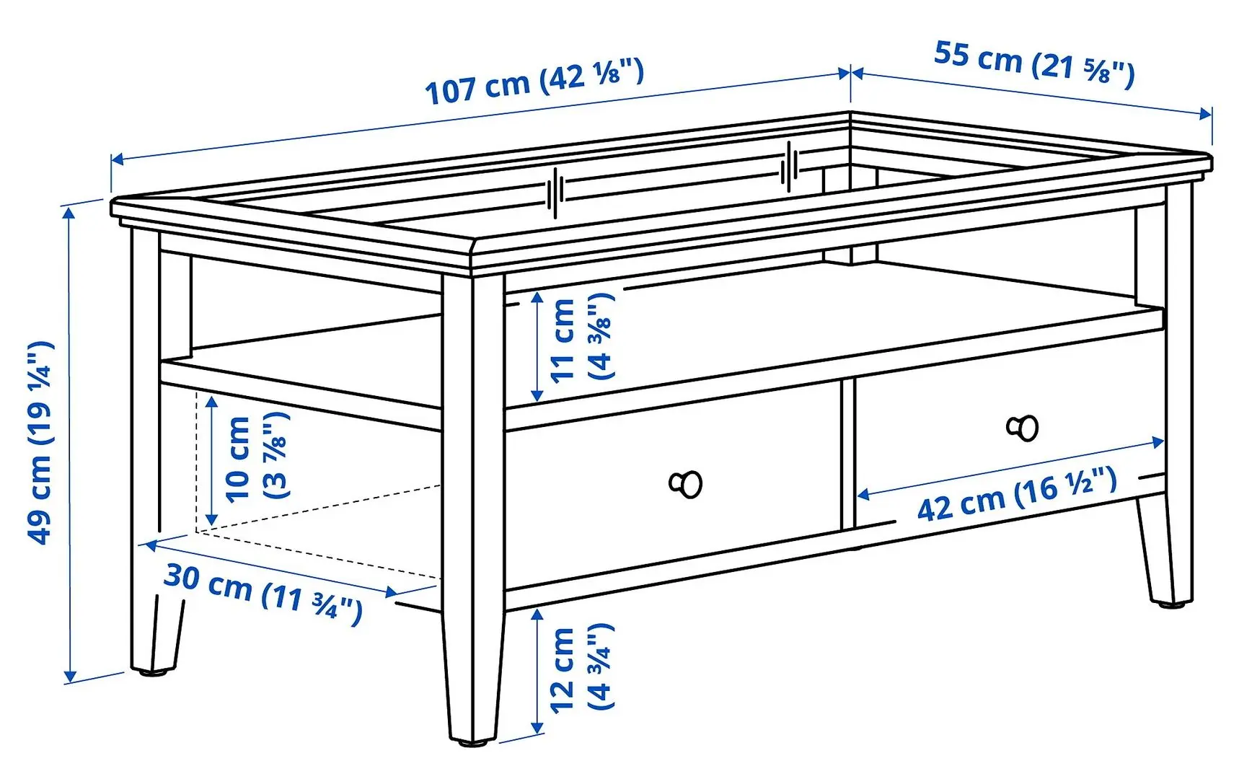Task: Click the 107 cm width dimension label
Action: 534,82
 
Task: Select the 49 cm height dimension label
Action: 40,441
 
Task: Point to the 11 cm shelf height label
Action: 581,339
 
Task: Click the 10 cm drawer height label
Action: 257,457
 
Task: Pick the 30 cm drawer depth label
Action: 263,592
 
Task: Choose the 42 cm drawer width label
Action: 1017,493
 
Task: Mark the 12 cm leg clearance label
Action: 581,669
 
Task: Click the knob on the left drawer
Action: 687,484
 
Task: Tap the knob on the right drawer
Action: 1023,428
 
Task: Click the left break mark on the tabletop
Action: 555,193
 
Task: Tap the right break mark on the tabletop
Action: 790,167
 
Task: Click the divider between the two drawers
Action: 847,454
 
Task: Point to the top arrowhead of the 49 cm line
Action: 70,211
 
